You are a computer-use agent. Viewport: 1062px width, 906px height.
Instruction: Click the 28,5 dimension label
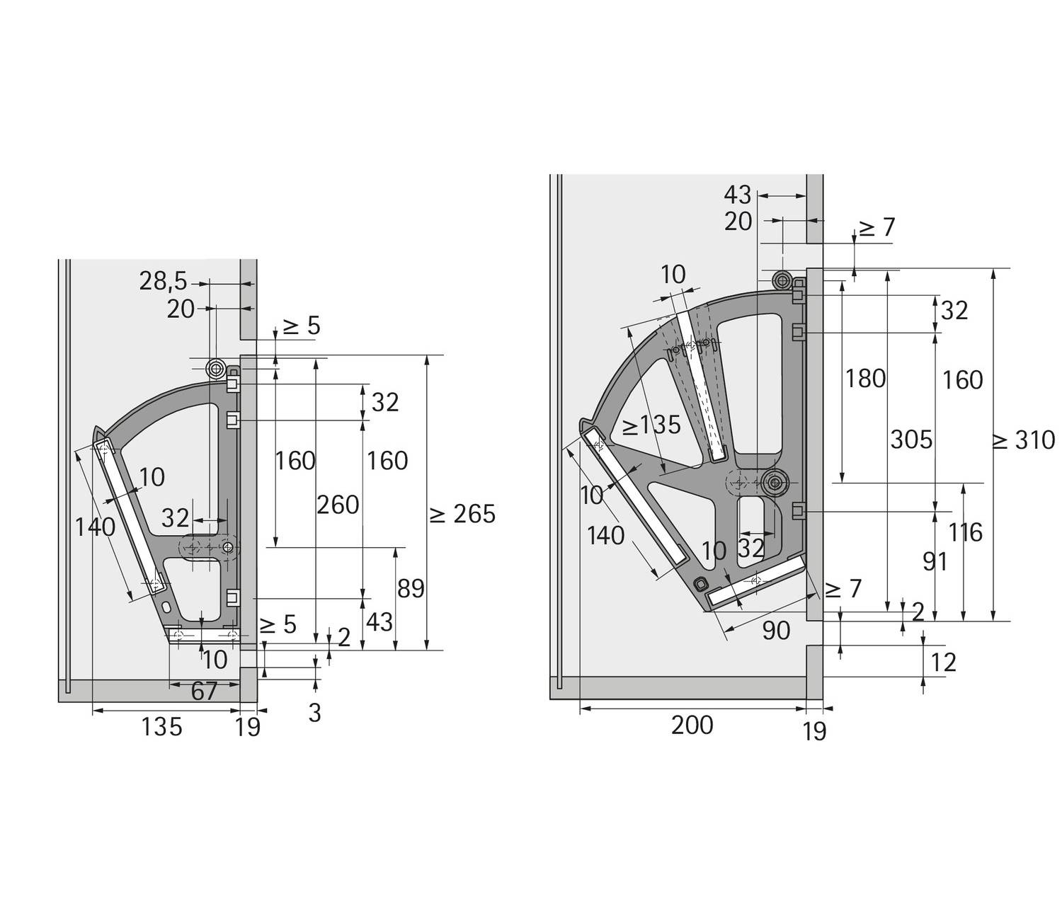[163, 282]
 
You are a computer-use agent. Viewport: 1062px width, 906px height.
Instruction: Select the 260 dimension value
[338, 505]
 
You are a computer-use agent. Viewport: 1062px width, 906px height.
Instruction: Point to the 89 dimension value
[411, 589]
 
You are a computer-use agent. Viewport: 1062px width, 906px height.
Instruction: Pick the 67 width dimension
[204, 692]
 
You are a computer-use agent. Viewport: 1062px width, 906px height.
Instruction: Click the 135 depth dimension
[161, 727]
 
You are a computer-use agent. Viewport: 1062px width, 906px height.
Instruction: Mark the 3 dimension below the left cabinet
[315, 713]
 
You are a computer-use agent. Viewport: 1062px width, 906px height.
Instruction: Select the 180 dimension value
[865, 379]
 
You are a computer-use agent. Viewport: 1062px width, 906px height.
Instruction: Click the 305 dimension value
[911, 440]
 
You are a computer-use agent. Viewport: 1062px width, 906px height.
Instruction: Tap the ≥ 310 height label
[1024, 440]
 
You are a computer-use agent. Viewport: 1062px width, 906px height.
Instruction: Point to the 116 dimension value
[966, 532]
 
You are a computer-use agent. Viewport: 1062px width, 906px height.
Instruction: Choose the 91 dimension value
[935, 562]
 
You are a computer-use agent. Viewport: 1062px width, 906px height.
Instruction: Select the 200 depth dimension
[692, 726]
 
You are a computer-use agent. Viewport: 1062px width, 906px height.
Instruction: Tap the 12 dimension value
[943, 663]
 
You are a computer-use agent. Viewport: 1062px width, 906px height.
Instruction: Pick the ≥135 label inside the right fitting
[651, 425]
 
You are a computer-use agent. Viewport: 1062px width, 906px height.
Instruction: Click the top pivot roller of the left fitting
[215, 369]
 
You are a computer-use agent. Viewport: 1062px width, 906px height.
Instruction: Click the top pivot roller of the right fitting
[782, 280]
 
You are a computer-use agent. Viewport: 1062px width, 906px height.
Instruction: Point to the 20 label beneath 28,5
[181, 309]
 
